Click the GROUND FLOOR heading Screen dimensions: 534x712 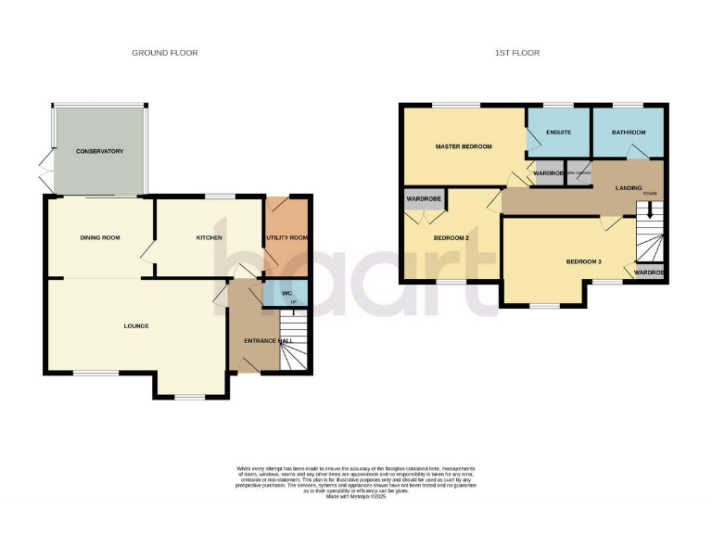(x=164, y=53)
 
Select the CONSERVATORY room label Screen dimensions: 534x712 (x=99, y=151)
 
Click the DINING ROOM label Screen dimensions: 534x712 (x=98, y=238)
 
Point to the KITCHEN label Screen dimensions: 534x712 (x=209, y=238)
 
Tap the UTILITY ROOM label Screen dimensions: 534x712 (x=286, y=238)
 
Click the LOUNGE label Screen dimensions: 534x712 (x=136, y=326)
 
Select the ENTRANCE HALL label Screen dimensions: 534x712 (x=268, y=341)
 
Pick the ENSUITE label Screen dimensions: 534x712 (x=558, y=133)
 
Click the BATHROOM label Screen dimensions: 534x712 (x=628, y=133)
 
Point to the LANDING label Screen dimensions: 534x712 (x=630, y=188)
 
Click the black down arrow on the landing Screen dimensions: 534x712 (x=650, y=210)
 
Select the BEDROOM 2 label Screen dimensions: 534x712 (x=452, y=238)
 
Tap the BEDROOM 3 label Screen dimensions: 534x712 (x=584, y=261)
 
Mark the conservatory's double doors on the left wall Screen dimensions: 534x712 (x=44, y=172)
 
